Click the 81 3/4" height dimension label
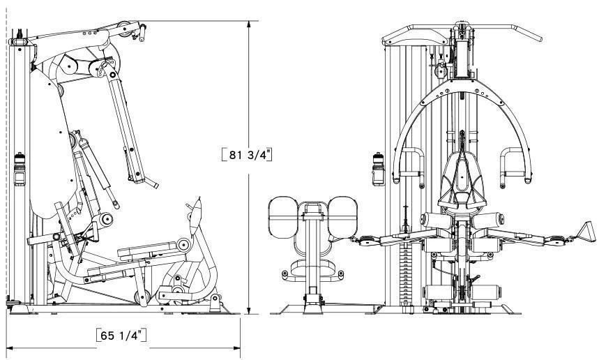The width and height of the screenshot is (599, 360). pyautogui.click(x=247, y=154)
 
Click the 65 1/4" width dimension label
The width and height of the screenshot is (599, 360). pyautogui.click(x=121, y=335)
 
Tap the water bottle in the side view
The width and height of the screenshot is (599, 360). pyautogui.click(x=20, y=169)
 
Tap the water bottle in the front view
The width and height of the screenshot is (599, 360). pyautogui.click(x=378, y=169)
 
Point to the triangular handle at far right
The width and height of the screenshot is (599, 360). pyautogui.click(x=586, y=232)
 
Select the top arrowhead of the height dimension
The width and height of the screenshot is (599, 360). pyautogui.click(x=249, y=24)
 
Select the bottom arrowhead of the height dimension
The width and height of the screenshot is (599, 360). pyautogui.click(x=249, y=310)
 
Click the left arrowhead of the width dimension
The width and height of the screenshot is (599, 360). pyautogui.click(x=10, y=348)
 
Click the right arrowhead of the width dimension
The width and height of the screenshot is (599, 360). pyautogui.click(x=236, y=348)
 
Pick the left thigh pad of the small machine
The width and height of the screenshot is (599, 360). pyautogui.click(x=283, y=217)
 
